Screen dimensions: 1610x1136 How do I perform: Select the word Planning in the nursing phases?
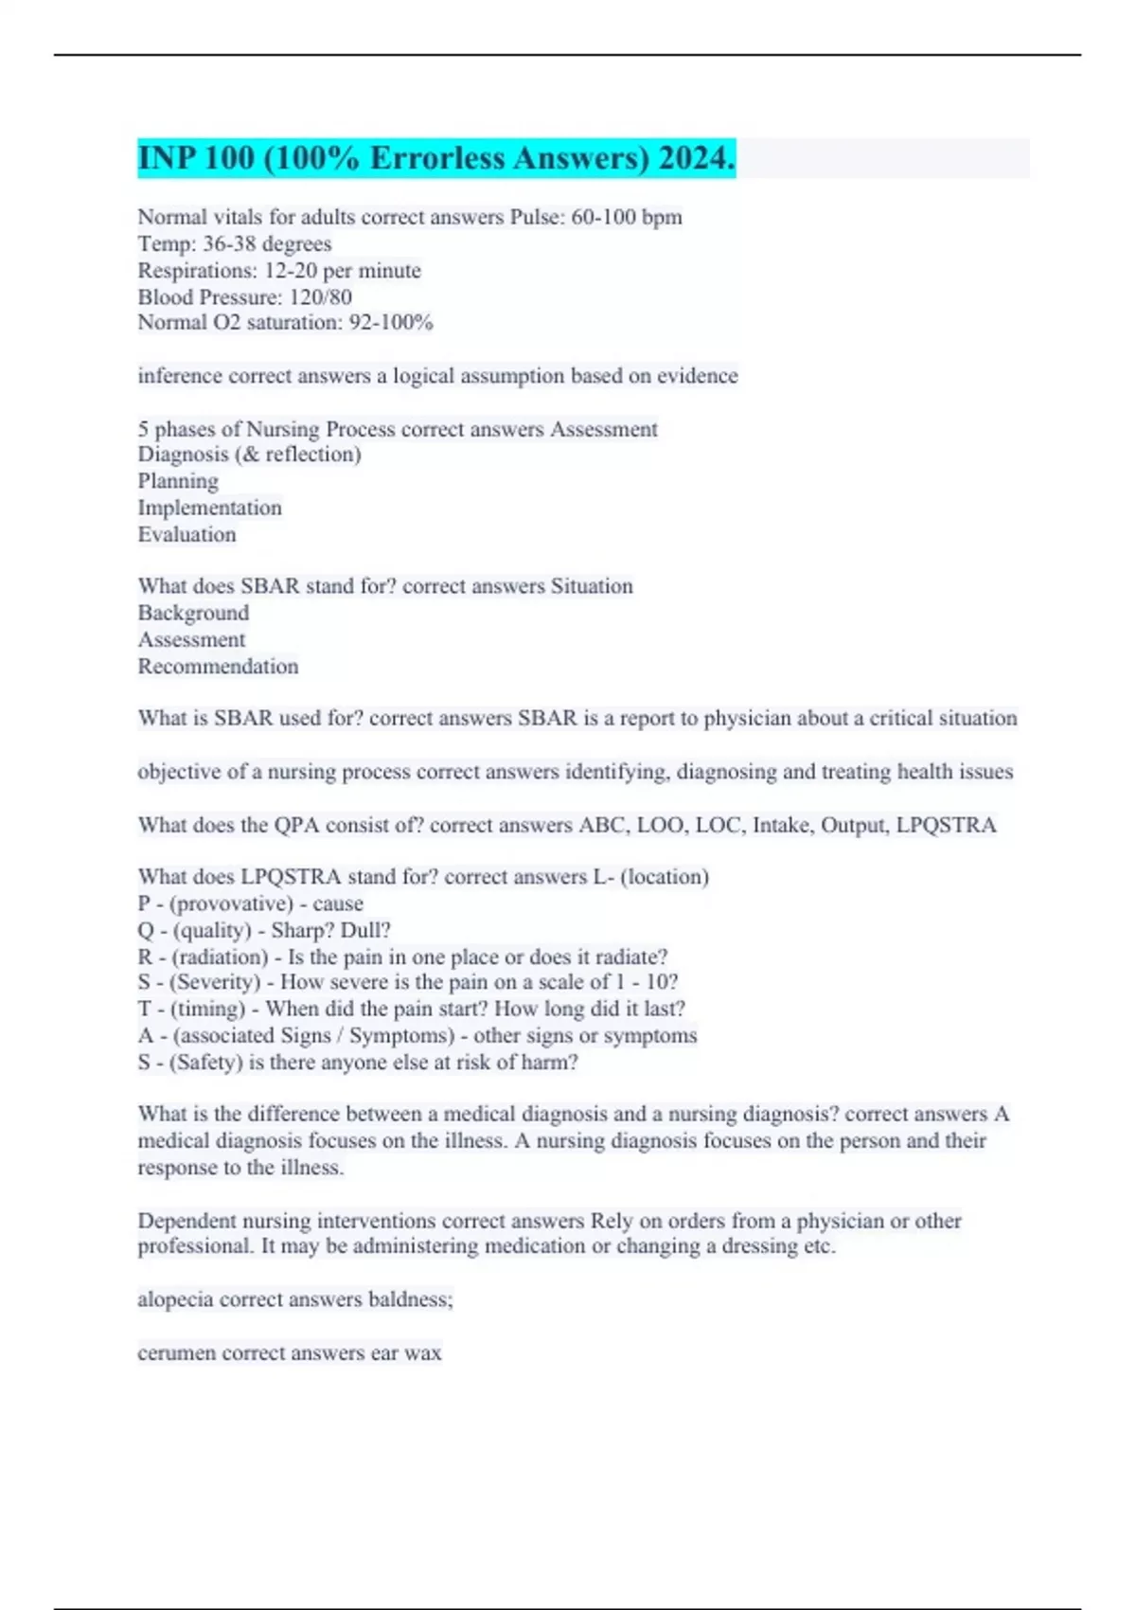pyautogui.click(x=178, y=481)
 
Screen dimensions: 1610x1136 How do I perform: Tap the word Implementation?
pyautogui.click(x=209, y=508)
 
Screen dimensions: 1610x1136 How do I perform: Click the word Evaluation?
pyautogui.click(x=186, y=534)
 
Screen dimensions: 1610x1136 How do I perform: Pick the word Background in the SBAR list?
pyautogui.click(x=193, y=613)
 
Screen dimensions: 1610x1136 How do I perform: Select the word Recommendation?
pyautogui.click(x=218, y=666)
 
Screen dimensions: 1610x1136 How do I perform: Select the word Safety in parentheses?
pyautogui.click(x=206, y=1062)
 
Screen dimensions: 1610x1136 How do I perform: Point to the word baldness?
pyautogui.click(x=410, y=1299)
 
